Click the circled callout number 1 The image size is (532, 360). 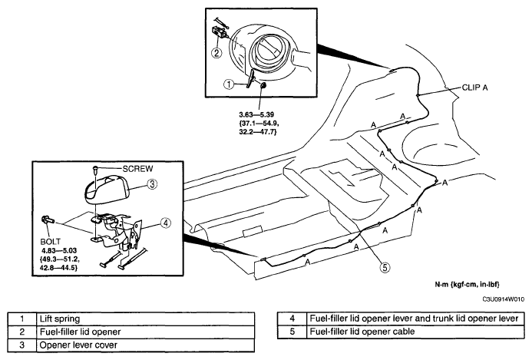click(x=229, y=84)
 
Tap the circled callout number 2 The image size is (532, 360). click(x=216, y=53)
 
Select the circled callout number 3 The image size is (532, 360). click(x=152, y=184)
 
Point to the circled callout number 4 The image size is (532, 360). click(x=166, y=223)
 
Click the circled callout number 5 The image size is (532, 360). click(x=385, y=267)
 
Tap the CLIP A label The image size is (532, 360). click(x=474, y=88)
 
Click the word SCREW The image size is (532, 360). click(x=137, y=169)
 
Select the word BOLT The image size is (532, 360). click(x=50, y=242)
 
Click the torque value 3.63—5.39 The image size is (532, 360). click(x=256, y=114)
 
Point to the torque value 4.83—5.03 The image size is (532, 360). click(x=59, y=250)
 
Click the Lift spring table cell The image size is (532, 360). click(x=145, y=319)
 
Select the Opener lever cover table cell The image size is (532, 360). click(x=145, y=345)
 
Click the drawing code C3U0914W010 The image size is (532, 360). click(x=504, y=299)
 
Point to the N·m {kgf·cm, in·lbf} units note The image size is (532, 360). click(x=467, y=284)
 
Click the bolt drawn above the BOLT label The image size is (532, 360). click(x=47, y=220)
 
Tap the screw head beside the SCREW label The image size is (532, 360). click(x=96, y=168)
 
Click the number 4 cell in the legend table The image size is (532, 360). click(x=292, y=319)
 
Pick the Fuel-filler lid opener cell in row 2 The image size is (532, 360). click(x=145, y=332)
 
